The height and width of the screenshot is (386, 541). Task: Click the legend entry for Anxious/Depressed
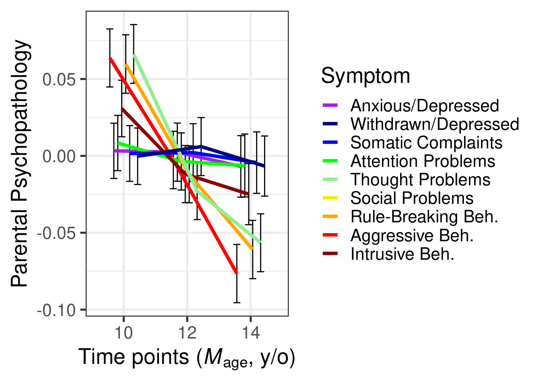click(424, 106)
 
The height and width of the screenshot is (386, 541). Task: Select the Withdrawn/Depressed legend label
click(434, 124)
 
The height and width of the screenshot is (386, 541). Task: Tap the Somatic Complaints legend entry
click(426, 143)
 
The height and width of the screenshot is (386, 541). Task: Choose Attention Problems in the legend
click(423, 161)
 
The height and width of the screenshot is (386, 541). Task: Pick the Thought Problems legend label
click(420, 180)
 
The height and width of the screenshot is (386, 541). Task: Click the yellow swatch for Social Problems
click(330, 198)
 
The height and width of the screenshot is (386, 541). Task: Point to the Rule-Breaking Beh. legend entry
click(424, 217)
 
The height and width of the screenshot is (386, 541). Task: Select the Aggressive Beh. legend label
click(412, 235)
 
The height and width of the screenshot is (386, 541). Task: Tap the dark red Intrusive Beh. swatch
click(330, 254)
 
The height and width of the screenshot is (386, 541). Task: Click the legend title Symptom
click(365, 76)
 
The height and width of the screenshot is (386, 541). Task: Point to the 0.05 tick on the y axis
click(59, 79)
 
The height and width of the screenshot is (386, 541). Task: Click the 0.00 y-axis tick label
click(59, 156)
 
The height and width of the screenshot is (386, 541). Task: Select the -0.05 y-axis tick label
click(57, 233)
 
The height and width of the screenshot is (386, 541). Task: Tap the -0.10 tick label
click(57, 310)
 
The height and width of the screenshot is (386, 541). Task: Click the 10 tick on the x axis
click(124, 333)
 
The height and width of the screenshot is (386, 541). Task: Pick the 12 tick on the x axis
click(187, 333)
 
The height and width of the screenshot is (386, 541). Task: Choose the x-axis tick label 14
click(251, 333)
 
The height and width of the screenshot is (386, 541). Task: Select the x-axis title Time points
click(187, 357)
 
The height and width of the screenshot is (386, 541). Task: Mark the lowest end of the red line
click(236, 273)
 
